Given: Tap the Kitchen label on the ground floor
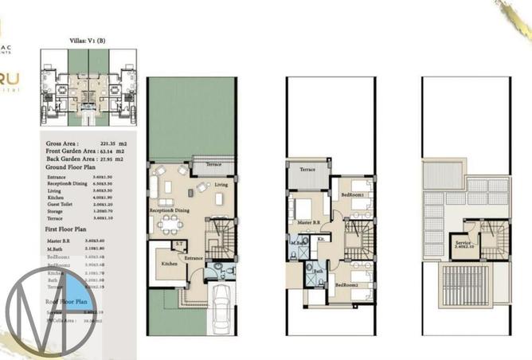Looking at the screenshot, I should [170, 263].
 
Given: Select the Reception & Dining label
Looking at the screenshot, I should [168, 210].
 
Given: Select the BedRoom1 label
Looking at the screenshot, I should [353, 194].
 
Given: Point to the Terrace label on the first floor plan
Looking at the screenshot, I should [307, 170].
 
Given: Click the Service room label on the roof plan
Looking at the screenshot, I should [463, 243].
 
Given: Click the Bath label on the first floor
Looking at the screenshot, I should [317, 271].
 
